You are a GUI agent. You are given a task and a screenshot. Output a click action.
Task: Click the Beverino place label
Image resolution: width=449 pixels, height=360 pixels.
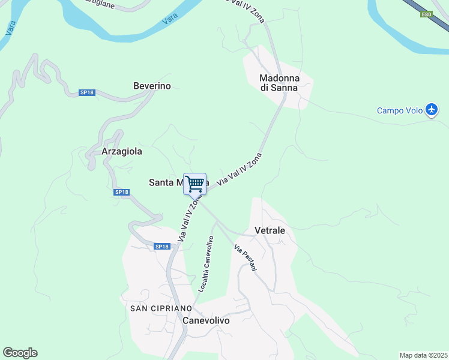click(152, 86)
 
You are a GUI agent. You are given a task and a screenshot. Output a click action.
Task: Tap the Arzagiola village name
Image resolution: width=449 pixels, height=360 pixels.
click(122, 151)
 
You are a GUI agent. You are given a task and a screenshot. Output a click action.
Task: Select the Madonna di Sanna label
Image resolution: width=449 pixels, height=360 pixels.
click(278, 82)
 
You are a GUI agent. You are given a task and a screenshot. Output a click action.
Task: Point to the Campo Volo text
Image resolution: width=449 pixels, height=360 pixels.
click(399, 110)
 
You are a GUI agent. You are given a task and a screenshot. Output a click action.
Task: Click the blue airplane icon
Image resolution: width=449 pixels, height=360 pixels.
click(432, 110)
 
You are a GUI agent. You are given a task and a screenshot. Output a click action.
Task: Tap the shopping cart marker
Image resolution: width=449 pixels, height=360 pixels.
click(194, 184)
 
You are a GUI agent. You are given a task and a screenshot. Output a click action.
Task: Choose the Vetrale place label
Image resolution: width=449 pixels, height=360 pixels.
click(270, 230)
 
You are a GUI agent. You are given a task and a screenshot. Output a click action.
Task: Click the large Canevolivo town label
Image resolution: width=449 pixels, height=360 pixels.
click(206, 320)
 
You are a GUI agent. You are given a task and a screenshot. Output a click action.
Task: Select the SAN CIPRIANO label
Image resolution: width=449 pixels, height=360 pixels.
click(160, 308)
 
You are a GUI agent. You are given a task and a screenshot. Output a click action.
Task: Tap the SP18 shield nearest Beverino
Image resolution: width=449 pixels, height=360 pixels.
click(87, 92)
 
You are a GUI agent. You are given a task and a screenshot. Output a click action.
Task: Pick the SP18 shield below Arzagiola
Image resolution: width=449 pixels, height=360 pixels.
click(122, 192)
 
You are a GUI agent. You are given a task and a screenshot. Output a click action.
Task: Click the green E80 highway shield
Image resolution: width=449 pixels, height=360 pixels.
click(426, 14)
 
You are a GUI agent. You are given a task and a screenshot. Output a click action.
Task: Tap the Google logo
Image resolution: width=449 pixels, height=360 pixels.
click(20, 352)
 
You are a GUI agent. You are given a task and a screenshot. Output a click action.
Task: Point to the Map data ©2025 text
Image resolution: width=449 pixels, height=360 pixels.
click(423, 355)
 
